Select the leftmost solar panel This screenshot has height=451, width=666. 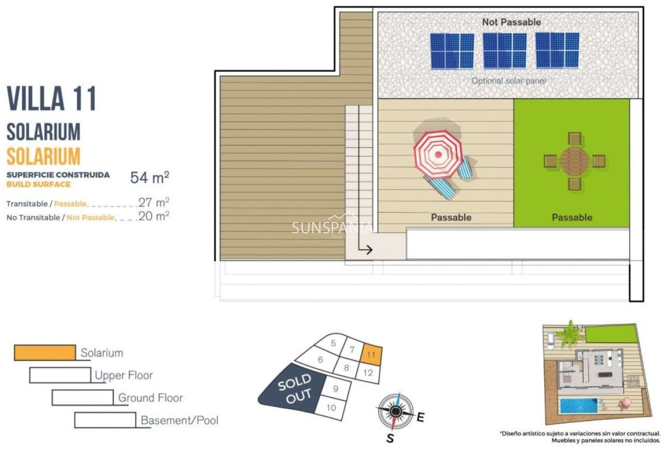click(x=452, y=50)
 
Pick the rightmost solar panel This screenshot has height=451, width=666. click(x=557, y=50)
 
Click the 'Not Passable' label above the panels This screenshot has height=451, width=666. click(x=511, y=22)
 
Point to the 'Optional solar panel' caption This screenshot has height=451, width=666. click(x=508, y=81)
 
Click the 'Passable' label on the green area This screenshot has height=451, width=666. click(x=572, y=217)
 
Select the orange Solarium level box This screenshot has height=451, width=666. click(x=45, y=353)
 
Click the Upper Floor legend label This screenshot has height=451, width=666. click(x=124, y=375)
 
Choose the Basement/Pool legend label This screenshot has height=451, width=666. click(x=179, y=420)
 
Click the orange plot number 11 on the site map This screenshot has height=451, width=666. click(x=371, y=354)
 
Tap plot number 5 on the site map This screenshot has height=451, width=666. click(x=334, y=344)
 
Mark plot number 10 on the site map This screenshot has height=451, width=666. click(x=331, y=408)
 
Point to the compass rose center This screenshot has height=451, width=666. click(x=396, y=412)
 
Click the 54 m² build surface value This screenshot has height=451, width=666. click(x=149, y=177)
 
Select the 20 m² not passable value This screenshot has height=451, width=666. click(x=153, y=216)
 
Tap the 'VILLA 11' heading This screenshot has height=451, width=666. click(x=51, y=99)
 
